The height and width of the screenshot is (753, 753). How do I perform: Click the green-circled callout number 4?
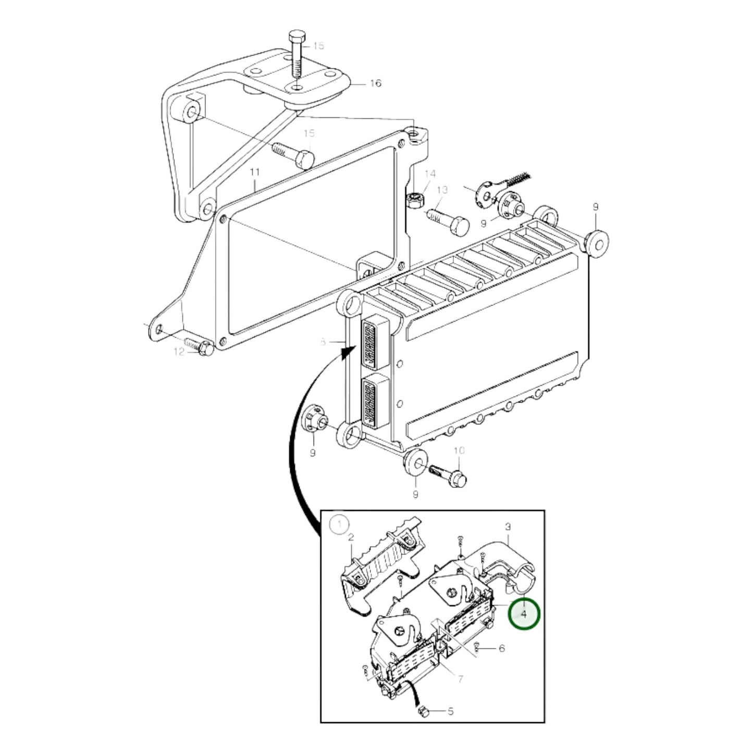click(x=524, y=614)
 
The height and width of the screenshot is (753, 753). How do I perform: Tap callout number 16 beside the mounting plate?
click(x=375, y=83)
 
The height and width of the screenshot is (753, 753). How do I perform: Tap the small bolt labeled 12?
click(x=200, y=345)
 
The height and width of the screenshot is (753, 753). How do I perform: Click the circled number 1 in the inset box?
click(x=340, y=524)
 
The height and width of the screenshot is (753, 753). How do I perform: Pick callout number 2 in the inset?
click(x=351, y=537)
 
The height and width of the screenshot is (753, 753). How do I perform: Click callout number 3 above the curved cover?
click(x=508, y=527)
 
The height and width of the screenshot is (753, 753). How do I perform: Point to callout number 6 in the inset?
click(x=501, y=648)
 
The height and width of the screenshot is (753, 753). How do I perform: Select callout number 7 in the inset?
click(x=461, y=679)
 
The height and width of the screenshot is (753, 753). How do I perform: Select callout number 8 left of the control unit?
click(x=323, y=342)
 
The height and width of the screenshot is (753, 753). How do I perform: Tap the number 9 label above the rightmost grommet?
click(x=596, y=207)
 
